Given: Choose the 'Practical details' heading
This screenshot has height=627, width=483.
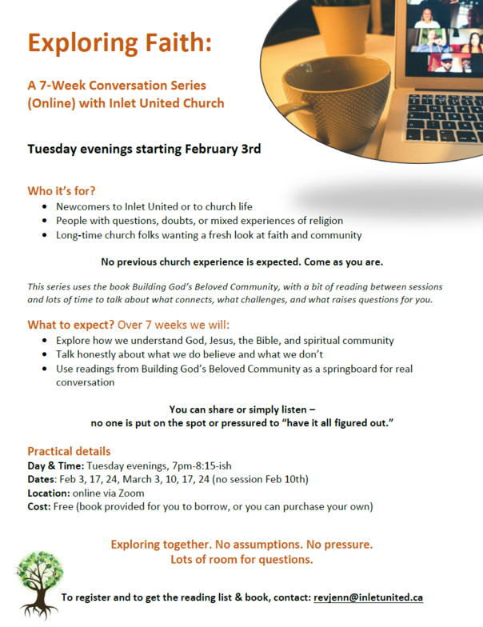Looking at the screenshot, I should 69,451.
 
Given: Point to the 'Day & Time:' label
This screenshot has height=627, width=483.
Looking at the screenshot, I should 55,465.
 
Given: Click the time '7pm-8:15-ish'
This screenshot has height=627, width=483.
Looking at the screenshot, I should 186,465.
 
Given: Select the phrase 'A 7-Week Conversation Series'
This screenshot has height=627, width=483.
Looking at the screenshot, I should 117,86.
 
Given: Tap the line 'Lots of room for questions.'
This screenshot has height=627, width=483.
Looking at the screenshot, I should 241,559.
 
